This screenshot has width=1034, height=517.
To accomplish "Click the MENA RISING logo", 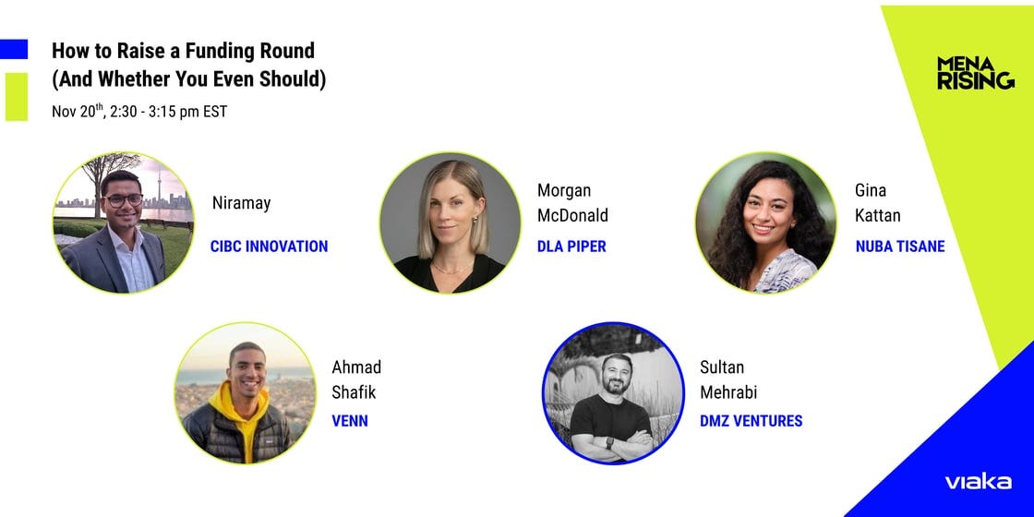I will pos(975,73).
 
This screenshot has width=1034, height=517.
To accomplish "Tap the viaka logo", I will pos(977,481).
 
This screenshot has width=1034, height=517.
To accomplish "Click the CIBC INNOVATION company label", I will pos(269,246).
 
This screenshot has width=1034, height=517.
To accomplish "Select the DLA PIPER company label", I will pos(571,246).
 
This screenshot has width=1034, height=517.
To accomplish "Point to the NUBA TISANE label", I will pos(899,246).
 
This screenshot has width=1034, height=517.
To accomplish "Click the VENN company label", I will pos(351,421).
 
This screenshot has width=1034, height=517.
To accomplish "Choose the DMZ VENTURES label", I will pos(751,421).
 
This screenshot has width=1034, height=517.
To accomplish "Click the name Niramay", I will pos(241,203).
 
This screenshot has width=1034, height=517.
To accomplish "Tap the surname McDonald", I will pos(572,216).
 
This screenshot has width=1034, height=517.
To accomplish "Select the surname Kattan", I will pos(877,216).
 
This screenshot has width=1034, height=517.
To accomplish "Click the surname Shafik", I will pos(354,391).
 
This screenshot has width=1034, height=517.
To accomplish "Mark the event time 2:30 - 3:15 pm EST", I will pos(168,112).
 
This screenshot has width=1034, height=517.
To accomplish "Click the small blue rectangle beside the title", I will pos(14,49).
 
